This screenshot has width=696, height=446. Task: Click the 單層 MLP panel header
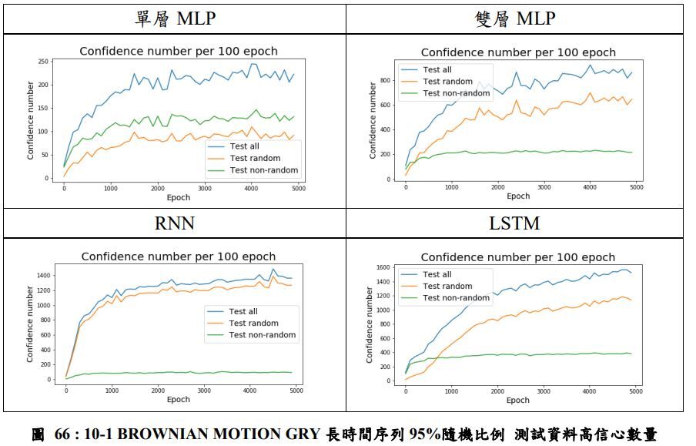click(175, 18)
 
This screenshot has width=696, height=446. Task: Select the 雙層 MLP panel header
click(516, 18)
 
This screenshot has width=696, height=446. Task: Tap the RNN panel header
click(175, 223)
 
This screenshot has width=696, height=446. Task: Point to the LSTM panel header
click(515, 223)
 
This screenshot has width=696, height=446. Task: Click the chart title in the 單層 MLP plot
click(179, 52)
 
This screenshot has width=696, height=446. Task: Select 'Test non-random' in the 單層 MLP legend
click(264, 170)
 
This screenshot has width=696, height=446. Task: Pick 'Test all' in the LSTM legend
click(437, 274)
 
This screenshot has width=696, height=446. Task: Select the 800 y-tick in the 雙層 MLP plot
click(385, 81)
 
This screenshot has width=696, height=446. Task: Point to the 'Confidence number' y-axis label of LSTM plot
click(368, 324)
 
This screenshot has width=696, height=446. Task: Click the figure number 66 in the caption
click(64, 434)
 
